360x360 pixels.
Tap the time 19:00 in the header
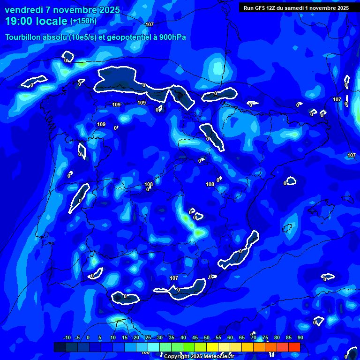point(19,21)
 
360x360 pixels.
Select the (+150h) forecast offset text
point(83,21)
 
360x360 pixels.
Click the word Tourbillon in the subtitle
point(24,37)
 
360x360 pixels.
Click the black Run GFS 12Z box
point(296,7)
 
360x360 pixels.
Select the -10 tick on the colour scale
point(67,337)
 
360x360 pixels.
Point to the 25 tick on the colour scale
point(148,337)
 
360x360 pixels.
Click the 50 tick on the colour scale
point(207,337)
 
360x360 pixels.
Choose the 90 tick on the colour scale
point(300,337)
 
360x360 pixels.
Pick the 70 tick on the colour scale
point(254,337)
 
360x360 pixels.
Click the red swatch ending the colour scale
point(294,347)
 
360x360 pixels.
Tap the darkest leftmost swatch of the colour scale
point(60,347)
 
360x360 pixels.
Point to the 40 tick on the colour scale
point(183,337)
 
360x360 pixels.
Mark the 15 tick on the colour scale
point(125,337)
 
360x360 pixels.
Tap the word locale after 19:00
point(52,21)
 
